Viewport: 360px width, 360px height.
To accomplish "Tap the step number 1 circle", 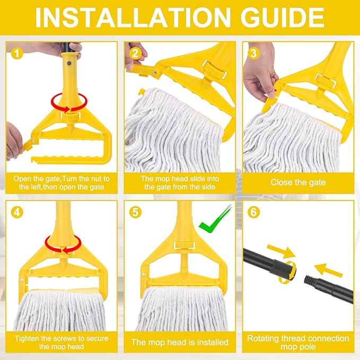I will (17, 53).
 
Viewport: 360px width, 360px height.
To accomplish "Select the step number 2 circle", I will (137, 53).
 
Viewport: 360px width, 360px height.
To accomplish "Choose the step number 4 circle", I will (17, 212).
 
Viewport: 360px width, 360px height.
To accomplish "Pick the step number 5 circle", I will (137, 212).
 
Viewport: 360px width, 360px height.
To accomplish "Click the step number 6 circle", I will (253, 212).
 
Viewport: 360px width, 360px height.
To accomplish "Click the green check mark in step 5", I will (215, 218).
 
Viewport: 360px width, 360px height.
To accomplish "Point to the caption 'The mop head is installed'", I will (180, 343).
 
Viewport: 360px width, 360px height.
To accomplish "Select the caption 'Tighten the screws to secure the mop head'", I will (60, 343).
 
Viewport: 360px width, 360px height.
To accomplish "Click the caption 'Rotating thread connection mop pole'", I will (298, 343).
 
